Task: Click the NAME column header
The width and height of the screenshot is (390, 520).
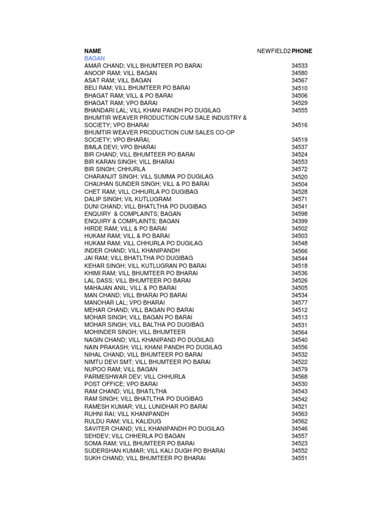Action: click(x=93, y=51)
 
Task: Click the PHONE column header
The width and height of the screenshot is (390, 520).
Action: click(x=302, y=51)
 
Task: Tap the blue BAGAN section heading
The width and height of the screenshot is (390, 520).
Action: click(x=94, y=58)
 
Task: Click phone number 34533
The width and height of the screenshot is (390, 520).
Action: click(x=300, y=66)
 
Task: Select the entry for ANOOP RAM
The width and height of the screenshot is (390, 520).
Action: click(x=120, y=73)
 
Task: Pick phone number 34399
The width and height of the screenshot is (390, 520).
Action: click(x=300, y=221)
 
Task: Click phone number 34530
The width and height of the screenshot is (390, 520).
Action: click(x=300, y=384)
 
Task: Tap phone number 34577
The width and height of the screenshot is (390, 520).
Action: click(x=300, y=303)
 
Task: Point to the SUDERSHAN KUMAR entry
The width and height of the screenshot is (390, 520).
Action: click(x=154, y=451)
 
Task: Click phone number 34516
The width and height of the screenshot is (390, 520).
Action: click(x=300, y=125)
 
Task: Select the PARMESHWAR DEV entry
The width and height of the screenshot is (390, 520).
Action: click(x=135, y=377)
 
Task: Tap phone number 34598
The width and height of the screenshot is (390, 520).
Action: click(x=300, y=214)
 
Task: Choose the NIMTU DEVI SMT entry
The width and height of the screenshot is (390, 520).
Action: click(x=147, y=362)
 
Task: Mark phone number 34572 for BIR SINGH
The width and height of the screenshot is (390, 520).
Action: click(x=300, y=169)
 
